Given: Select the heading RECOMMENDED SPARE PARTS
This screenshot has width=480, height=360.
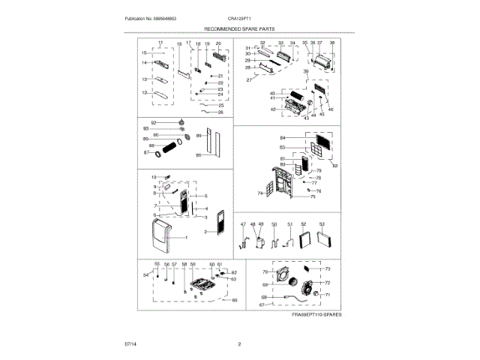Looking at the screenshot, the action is (x=239, y=28).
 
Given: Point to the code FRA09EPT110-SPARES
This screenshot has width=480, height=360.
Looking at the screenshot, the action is (x=316, y=316).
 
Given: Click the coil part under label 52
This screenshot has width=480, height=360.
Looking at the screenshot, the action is (x=303, y=241).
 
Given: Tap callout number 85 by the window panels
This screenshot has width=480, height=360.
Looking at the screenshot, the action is (x=199, y=155).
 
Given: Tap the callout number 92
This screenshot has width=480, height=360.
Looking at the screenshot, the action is (x=154, y=121).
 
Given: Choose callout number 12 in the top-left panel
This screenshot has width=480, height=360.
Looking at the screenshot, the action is (x=145, y=93).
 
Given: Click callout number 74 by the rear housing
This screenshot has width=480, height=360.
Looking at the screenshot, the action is (x=260, y=193).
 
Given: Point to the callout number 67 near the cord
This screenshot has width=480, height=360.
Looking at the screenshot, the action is (x=262, y=304).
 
